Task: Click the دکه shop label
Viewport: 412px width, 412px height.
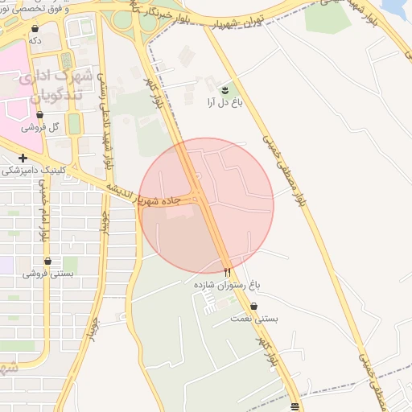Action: [35, 39]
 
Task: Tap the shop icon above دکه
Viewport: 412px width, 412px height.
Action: [35, 28]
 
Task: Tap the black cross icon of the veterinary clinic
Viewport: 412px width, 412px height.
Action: [23, 159]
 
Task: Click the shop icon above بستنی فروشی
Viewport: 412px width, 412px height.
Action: [48, 262]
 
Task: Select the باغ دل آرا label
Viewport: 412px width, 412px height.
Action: [222, 102]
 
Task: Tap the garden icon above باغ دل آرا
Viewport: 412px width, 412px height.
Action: [225, 90]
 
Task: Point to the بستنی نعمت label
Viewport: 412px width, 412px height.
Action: [257, 319]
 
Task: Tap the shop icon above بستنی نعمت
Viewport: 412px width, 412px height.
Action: [254, 307]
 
